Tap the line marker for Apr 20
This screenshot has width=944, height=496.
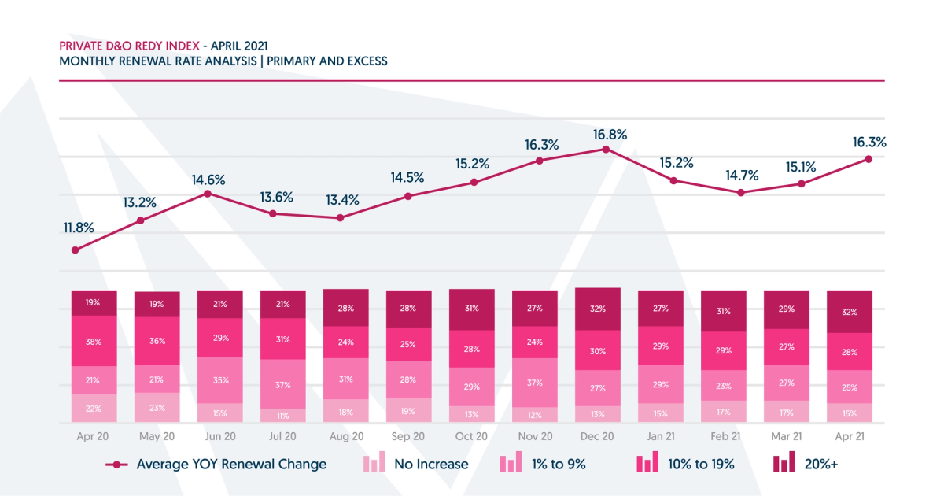[76, 250]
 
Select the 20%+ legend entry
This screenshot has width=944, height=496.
[804, 464]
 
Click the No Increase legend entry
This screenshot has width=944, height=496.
[415, 464]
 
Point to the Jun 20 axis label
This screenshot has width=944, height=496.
[220, 435]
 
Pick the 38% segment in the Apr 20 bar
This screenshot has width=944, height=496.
[94, 341]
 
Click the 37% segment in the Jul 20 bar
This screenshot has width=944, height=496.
[283, 385]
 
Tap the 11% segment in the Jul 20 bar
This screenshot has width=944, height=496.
[283, 415]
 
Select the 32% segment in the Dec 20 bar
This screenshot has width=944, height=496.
[598, 309]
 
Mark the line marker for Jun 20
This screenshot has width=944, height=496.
[208, 193]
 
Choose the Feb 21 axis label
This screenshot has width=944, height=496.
[724, 435]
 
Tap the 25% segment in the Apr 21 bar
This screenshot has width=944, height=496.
[850, 387]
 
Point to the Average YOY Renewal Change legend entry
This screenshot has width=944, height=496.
[216, 464]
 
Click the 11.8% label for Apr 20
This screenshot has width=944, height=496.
[79, 228]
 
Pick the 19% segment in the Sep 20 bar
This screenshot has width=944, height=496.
[409, 412]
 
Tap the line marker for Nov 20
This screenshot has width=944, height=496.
[540, 161]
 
